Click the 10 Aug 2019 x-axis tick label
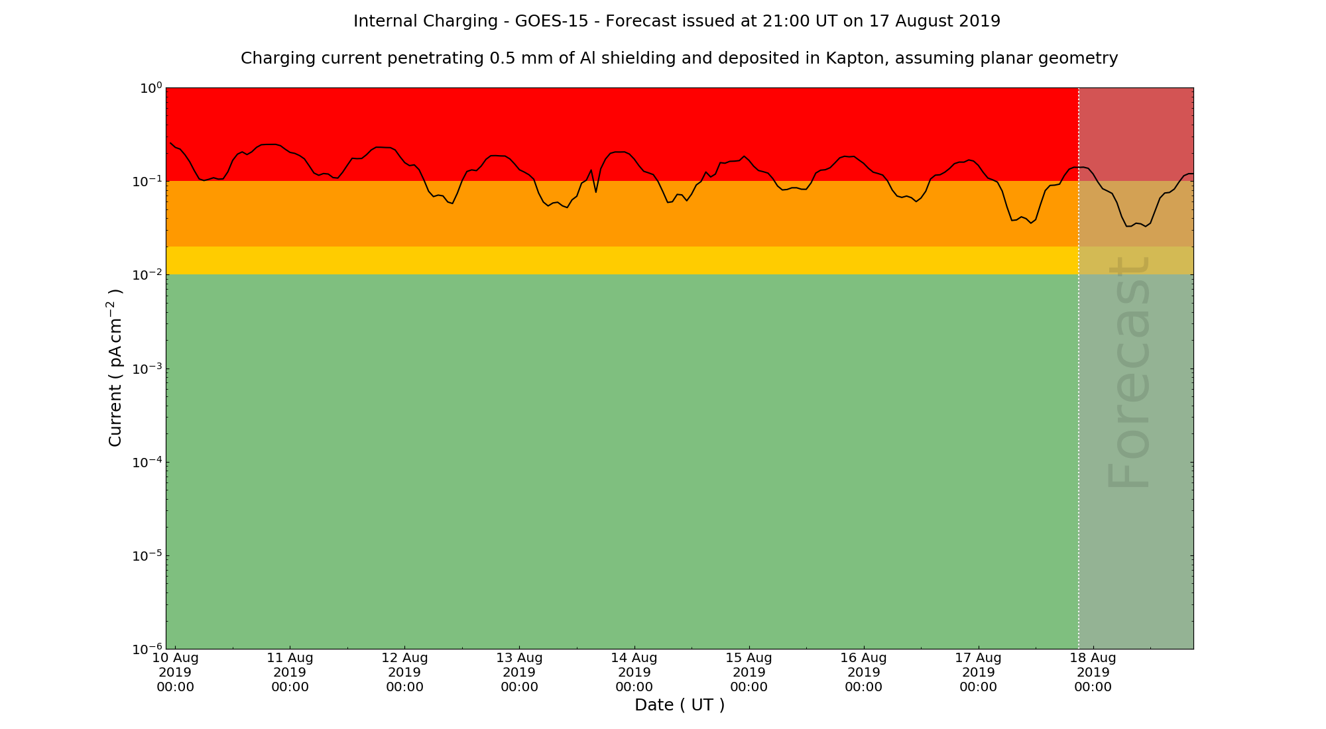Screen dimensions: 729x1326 click(x=175, y=672)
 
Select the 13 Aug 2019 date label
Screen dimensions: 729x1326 click(x=519, y=672)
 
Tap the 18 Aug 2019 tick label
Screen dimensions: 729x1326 click(x=1093, y=672)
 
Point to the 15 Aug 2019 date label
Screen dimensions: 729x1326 click(x=749, y=672)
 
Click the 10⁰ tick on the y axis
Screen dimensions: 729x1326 click(x=150, y=88)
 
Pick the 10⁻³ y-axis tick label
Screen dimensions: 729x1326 click(x=147, y=368)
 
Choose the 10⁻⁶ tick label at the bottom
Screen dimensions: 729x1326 click(x=147, y=649)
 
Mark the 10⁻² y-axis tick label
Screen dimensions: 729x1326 click(x=147, y=274)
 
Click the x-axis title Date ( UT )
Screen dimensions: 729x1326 click(x=680, y=705)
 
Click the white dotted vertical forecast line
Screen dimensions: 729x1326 click(x=1079, y=398)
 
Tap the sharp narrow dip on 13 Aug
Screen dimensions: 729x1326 click(x=596, y=192)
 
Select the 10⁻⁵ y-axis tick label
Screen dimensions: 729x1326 click(x=147, y=555)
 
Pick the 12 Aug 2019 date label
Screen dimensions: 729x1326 click(x=404, y=672)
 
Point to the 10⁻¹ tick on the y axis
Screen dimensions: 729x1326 click(x=147, y=181)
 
